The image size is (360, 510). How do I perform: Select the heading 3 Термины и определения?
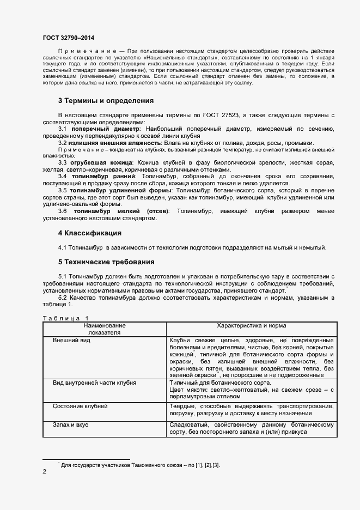click(x=106, y=101)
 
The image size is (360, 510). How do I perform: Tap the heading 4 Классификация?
click(x=89, y=233)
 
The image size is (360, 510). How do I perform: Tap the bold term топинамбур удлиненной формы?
click(x=118, y=191)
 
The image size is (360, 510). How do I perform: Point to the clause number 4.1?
click(x=63, y=248)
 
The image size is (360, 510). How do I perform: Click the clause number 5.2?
click(x=63, y=297)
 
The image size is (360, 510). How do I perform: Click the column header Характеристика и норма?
click(x=252, y=325)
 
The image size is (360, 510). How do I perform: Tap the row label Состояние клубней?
click(x=80, y=406)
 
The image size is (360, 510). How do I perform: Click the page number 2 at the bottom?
click(x=44, y=472)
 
